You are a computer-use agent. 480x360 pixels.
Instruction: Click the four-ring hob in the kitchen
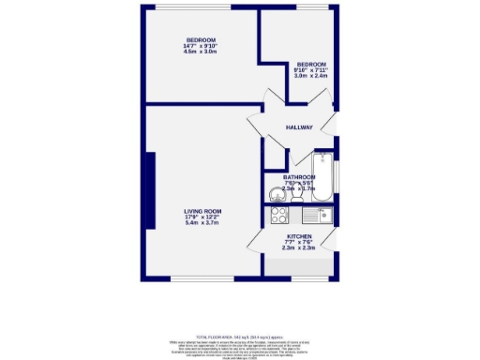(x=278, y=217)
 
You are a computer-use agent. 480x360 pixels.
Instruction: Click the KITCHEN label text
(x=299, y=236)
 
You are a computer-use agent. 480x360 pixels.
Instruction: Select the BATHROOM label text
(x=299, y=176)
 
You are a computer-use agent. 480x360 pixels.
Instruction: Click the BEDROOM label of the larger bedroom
(x=200, y=39)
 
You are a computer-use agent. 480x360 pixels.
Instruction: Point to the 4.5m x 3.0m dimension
(x=200, y=52)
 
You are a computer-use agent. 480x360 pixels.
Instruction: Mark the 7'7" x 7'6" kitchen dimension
(x=299, y=242)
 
